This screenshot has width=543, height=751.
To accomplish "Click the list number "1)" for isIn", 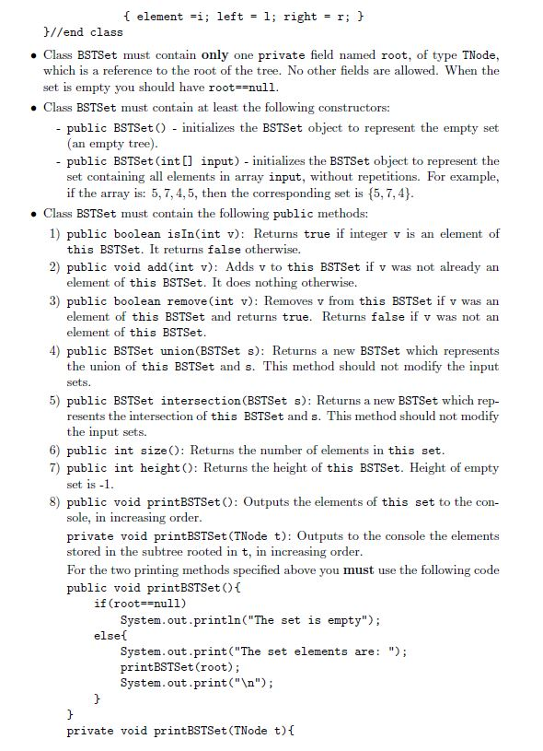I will coord(55,233).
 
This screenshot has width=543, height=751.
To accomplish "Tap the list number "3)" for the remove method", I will coord(55,300).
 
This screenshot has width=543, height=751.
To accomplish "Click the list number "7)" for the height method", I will coord(55,467).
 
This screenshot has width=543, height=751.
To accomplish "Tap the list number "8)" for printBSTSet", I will coord(55,502).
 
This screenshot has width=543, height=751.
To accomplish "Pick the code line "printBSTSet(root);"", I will coord(180,667).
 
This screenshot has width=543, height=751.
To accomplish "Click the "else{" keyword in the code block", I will coord(110,636).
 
